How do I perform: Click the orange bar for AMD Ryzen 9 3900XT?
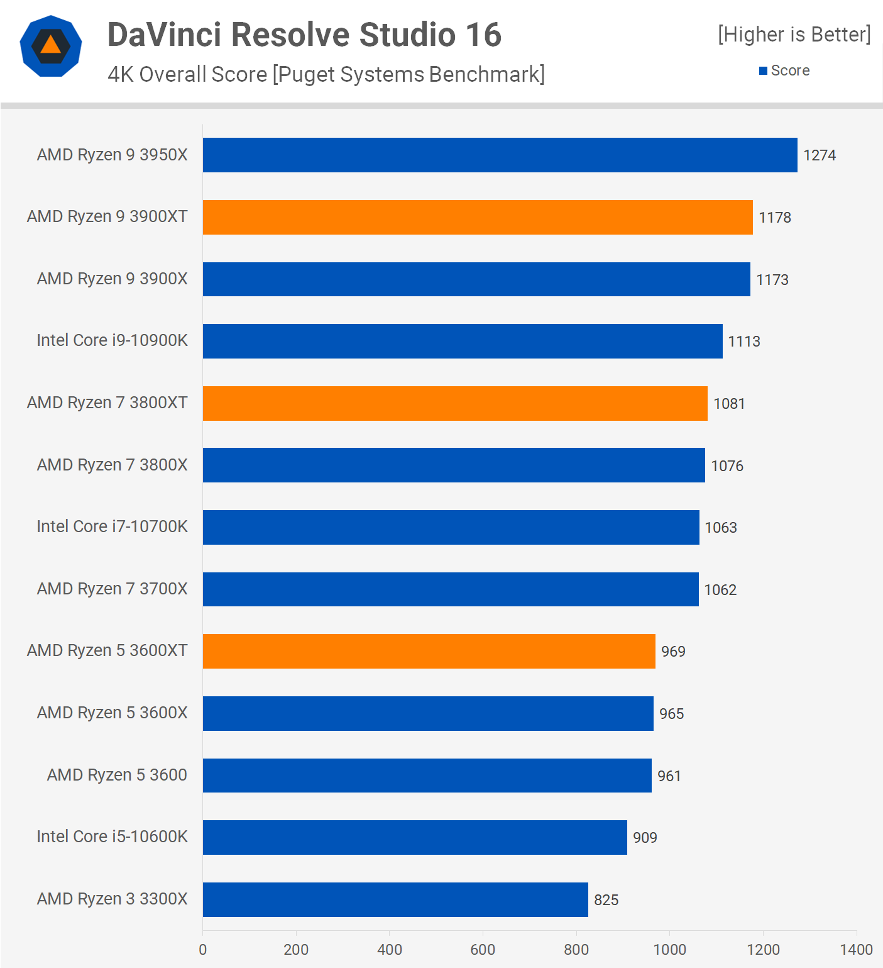(478, 217)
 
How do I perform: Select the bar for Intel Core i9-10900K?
(463, 341)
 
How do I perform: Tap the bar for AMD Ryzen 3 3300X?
(395, 899)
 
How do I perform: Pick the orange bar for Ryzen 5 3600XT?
(429, 651)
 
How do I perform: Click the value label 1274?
(820, 155)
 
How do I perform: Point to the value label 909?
(645, 838)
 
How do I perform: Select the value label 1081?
(729, 404)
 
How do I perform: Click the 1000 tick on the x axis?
(669, 949)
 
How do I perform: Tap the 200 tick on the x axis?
(296, 949)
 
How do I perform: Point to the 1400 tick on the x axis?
(856, 949)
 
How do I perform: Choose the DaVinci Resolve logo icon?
(51, 46)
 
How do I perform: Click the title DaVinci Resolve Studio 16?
(304, 35)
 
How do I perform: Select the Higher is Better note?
(794, 35)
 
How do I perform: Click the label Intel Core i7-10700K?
(112, 526)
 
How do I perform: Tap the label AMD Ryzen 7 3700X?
(112, 589)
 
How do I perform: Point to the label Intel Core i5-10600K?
(112, 837)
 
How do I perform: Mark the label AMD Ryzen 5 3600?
(117, 775)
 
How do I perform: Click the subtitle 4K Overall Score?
(326, 74)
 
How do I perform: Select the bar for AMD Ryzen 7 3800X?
(454, 465)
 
